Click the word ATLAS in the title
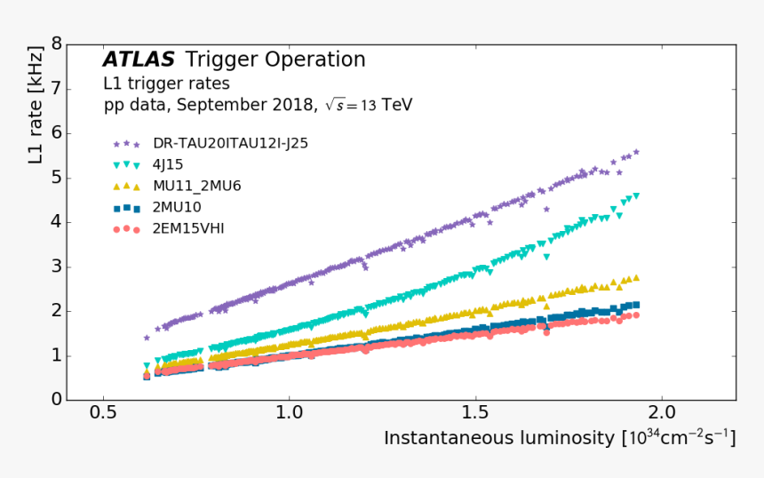pyautogui.click(x=139, y=60)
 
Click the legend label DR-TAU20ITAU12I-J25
pyautogui.click(x=230, y=143)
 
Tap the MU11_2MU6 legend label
pyautogui.click(x=196, y=186)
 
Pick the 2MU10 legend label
pyautogui.click(x=178, y=207)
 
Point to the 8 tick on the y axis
pyautogui.click(x=56, y=44)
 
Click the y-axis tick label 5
pyautogui.click(x=56, y=177)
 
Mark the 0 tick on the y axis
pyautogui.click(x=56, y=400)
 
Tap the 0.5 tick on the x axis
pyautogui.click(x=104, y=414)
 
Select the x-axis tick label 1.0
pyautogui.click(x=290, y=414)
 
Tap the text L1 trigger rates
pyautogui.click(x=166, y=84)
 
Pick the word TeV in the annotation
pyautogui.click(x=396, y=105)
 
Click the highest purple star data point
pyautogui.click(x=636, y=152)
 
